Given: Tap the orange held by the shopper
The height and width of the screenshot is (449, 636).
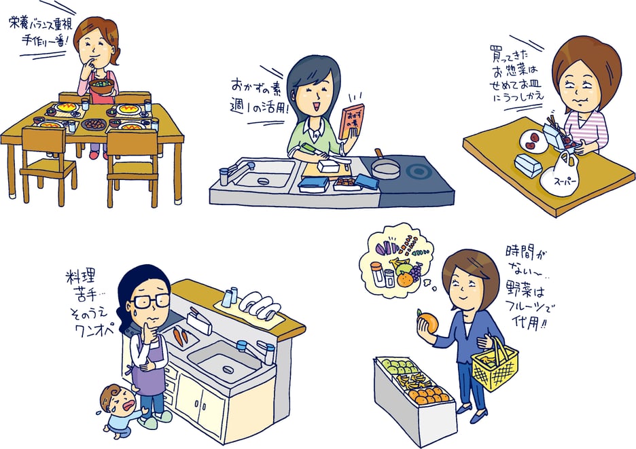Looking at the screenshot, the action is pyautogui.click(x=428, y=323).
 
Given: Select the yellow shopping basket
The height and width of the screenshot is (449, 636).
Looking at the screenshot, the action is pyautogui.click(x=495, y=363).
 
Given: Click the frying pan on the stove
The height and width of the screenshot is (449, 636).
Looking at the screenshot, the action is pyautogui.click(x=385, y=166).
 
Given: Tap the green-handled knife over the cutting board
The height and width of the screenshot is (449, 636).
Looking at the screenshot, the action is pyautogui.click(x=325, y=154).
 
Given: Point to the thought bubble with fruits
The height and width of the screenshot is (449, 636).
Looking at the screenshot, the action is pyautogui.click(x=395, y=260).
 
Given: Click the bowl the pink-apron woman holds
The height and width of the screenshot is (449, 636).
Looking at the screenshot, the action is pyautogui.click(x=101, y=86).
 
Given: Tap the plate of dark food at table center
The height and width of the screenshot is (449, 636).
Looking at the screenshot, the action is pyautogui.click(x=94, y=124).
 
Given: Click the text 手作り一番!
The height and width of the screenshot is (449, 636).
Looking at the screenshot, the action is pyautogui.click(x=45, y=41).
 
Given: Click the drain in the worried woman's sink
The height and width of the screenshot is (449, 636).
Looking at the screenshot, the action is pyautogui.click(x=228, y=369).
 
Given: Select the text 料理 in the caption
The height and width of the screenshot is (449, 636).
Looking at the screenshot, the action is pyautogui.click(x=80, y=277).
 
